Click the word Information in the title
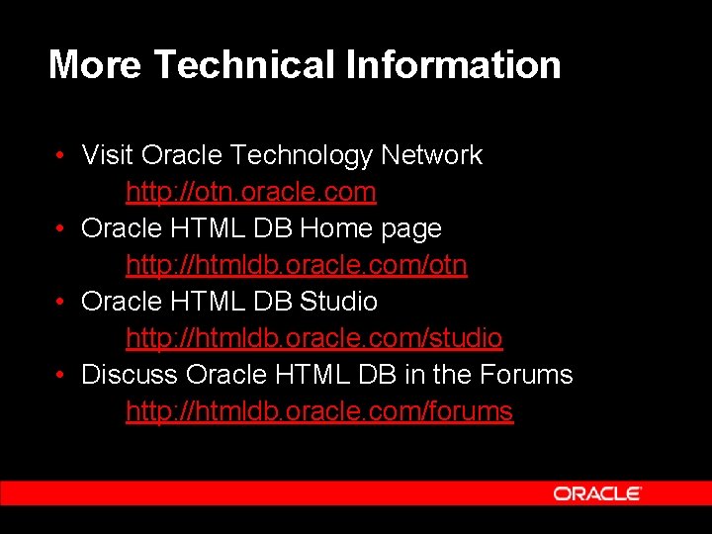pyautogui.click(x=454, y=65)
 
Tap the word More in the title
pyautogui.click(x=95, y=65)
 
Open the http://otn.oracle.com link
pyautogui.click(x=250, y=191)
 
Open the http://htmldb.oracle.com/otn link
pyautogui.click(x=296, y=265)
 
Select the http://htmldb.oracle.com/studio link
pyautogui.click(x=313, y=338)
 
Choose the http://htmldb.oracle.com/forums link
pyautogui.click(x=319, y=411)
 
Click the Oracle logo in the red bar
pyautogui.click(x=597, y=493)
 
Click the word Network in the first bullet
pyautogui.click(x=431, y=155)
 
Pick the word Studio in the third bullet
pyautogui.click(x=338, y=301)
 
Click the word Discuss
pyautogui.click(x=130, y=375)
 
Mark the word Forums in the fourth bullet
pyautogui.click(x=525, y=375)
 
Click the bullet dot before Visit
pyautogui.click(x=61, y=156)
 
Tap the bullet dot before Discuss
pyautogui.click(x=61, y=376)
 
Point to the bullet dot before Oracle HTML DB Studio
pyautogui.click(x=61, y=302)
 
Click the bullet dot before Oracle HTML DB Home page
pyautogui.click(x=61, y=229)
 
